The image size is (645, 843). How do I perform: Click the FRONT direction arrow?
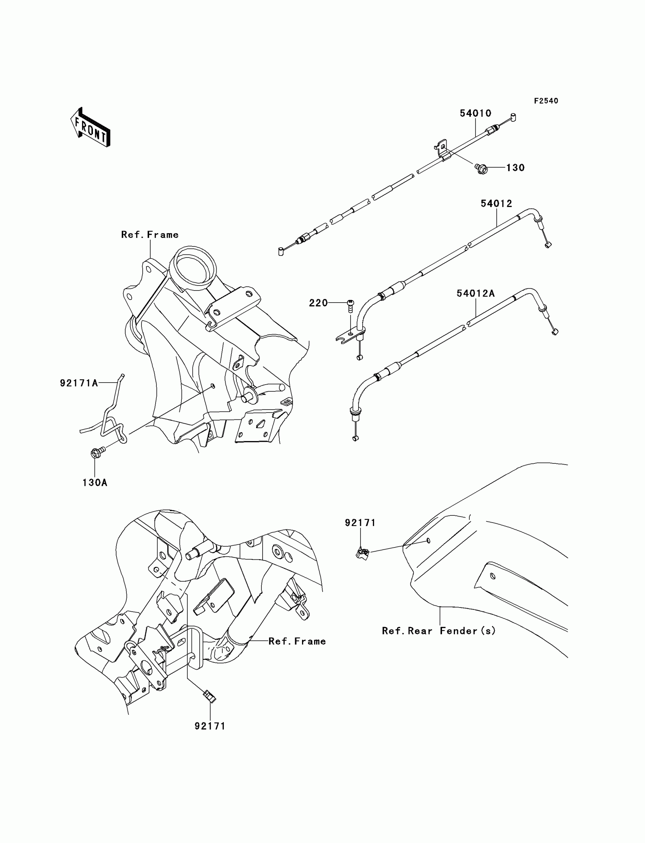pyautogui.click(x=91, y=127)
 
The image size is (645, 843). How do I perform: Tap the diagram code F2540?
pyautogui.click(x=546, y=101)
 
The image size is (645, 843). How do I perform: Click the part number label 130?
pyautogui.click(x=515, y=168)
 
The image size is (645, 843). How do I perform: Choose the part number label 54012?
pyautogui.click(x=496, y=204)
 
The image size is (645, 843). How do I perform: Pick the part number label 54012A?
pyautogui.click(x=475, y=294)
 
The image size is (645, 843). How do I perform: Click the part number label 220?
pyautogui.click(x=318, y=303)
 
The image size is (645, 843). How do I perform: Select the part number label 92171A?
pyautogui.click(x=79, y=383)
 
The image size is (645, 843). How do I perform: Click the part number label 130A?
pyautogui.click(x=94, y=483)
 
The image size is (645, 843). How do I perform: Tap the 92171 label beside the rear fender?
pyautogui.click(x=360, y=523)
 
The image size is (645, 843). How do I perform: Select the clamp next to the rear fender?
pyautogui.click(x=362, y=553)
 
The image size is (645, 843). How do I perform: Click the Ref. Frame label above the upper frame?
pyautogui.click(x=150, y=235)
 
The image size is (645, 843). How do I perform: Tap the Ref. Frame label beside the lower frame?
pyautogui.click(x=297, y=641)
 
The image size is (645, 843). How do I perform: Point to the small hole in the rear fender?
pyautogui.click(x=428, y=541)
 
